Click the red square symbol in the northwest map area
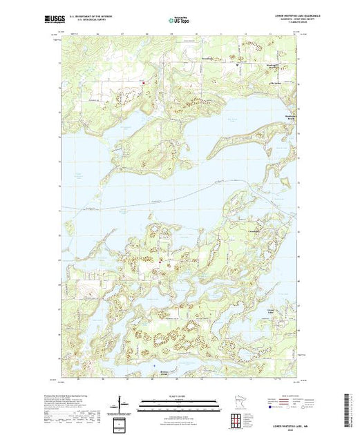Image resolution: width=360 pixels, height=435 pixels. pyautogui.click(x=143, y=85)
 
